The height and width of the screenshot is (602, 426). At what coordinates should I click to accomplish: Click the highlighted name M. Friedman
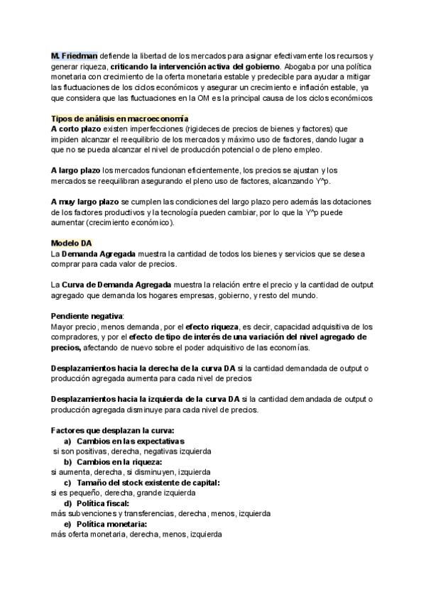[75, 55]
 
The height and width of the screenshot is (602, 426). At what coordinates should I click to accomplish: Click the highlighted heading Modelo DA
[71, 243]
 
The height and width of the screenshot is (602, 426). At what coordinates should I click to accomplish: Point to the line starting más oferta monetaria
[136, 535]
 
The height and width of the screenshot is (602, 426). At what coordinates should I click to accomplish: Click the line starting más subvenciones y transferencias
[160, 513]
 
